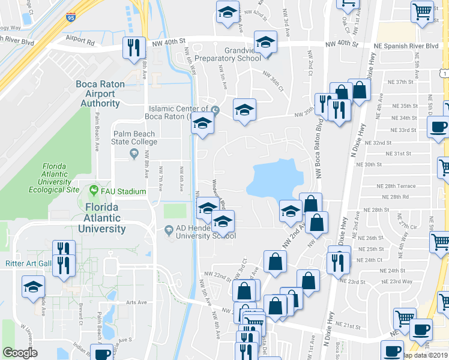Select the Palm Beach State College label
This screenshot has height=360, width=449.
pyautogui.click(x=134, y=137)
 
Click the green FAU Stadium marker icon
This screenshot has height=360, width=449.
pyautogui.click(x=94, y=191)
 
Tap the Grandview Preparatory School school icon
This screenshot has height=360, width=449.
pyautogui.click(x=265, y=41)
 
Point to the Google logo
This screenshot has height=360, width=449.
pyautogui.click(x=20, y=353)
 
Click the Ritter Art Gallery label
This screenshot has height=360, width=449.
pyautogui.click(x=26, y=263)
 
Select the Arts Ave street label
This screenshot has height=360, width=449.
pyautogui.click(x=136, y=303)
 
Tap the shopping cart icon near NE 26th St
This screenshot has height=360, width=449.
pyautogui.click(x=440, y=241)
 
